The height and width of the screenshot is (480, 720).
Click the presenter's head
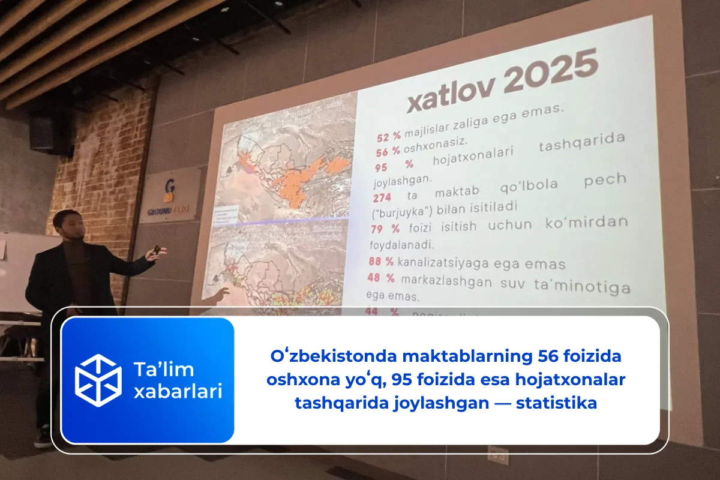coord(67,223)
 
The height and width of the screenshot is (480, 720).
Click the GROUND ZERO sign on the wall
coord(169,196)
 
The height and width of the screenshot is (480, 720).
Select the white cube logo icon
coord(98,380)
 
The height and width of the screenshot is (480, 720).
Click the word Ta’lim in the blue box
coord(163,369)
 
